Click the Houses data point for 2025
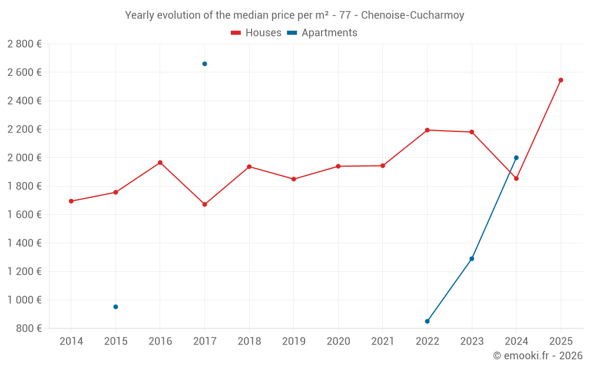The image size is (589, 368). pyautogui.click(x=561, y=80)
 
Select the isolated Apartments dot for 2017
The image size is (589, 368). pyautogui.click(x=204, y=64)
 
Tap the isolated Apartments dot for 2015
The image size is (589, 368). pyautogui.click(x=115, y=307)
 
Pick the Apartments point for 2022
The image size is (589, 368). pyautogui.click(x=427, y=321)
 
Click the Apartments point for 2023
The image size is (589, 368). pyautogui.click(x=472, y=258)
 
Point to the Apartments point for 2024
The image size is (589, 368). pyautogui.click(x=516, y=158)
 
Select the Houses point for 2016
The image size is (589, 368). pyautogui.click(x=160, y=163)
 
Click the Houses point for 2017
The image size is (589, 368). pyautogui.click(x=204, y=204)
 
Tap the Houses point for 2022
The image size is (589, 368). pyautogui.click(x=427, y=130)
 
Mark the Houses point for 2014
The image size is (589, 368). pyautogui.click(x=71, y=201)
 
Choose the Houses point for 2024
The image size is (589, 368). pyautogui.click(x=516, y=178)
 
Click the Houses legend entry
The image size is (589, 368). pyautogui.click(x=256, y=33)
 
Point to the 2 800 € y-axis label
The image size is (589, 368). pyautogui.click(x=24, y=44)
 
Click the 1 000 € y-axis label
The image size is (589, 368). pyautogui.click(x=24, y=300)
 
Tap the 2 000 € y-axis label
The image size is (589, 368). pyautogui.click(x=24, y=158)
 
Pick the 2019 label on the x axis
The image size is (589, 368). pyautogui.click(x=293, y=342)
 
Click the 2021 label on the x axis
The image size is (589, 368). pyautogui.click(x=382, y=342)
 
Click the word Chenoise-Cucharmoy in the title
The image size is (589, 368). pyautogui.click(x=412, y=15)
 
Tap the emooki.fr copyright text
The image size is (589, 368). pyautogui.click(x=538, y=356)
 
